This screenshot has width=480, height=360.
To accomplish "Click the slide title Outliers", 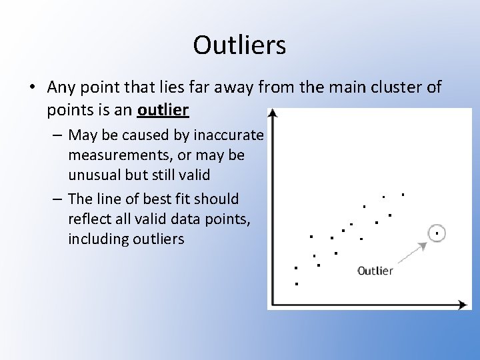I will click(x=239, y=45).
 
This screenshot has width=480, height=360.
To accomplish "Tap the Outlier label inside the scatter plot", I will click(x=375, y=271).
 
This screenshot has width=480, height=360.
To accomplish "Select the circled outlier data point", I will click(x=436, y=233).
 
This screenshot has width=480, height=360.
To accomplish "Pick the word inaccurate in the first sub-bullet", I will click(x=229, y=135).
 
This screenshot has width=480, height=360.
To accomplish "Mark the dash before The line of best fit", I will click(x=58, y=199).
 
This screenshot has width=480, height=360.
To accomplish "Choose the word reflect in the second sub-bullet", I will click(x=89, y=219).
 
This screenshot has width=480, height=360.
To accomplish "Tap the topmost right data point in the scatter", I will click(x=403, y=195).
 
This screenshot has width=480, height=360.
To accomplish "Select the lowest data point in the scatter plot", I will click(x=295, y=284).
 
